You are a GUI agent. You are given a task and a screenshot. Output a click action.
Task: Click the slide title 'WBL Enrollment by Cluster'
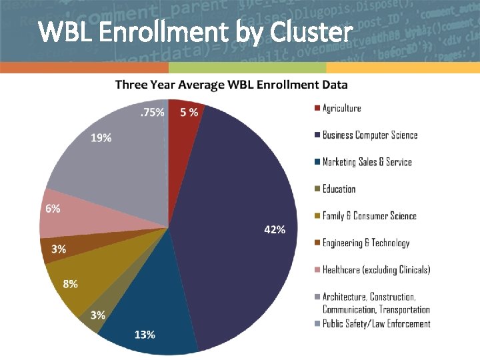(195, 31)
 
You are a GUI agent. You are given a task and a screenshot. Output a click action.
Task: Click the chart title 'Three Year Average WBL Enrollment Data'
(231, 85)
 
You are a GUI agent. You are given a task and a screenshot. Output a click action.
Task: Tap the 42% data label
(275, 229)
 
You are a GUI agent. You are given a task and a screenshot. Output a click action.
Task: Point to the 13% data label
(145, 334)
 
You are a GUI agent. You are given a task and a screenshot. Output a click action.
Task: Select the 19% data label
(101, 138)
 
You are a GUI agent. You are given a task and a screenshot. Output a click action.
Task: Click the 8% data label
(70, 283)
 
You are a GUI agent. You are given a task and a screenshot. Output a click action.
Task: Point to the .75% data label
(151, 113)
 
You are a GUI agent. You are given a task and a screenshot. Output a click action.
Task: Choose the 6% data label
(53, 208)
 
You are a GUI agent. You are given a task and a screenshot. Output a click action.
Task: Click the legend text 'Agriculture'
(341, 108)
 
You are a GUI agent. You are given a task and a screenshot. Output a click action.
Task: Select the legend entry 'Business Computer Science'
(370, 135)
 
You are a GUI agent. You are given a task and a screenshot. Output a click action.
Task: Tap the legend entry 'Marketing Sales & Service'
(367, 162)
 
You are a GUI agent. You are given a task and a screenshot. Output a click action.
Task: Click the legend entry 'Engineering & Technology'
(366, 243)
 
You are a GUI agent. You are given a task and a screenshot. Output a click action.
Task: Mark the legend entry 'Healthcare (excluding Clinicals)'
(376, 270)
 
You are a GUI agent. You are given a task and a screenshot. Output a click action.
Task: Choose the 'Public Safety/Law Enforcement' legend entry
(376, 324)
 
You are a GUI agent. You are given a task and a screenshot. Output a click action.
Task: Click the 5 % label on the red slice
(189, 113)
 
